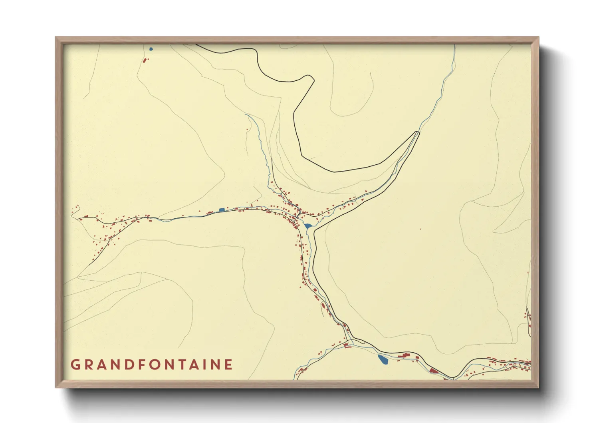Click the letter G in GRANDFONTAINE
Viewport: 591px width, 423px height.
click(75, 365)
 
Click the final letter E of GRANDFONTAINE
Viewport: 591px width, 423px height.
click(228, 365)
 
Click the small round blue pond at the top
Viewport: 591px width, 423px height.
click(151, 49)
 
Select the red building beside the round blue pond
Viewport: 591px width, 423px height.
click(144, 60)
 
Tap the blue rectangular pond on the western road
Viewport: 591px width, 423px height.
click(222, 210)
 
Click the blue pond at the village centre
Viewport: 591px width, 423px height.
click(307, 226)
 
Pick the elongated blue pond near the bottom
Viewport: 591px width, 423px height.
click(382, 359)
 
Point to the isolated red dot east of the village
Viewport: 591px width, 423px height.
click(420, 229)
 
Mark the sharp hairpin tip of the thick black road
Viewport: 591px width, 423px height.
click(418, 132)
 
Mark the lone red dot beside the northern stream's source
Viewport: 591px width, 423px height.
click(247, 130)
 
